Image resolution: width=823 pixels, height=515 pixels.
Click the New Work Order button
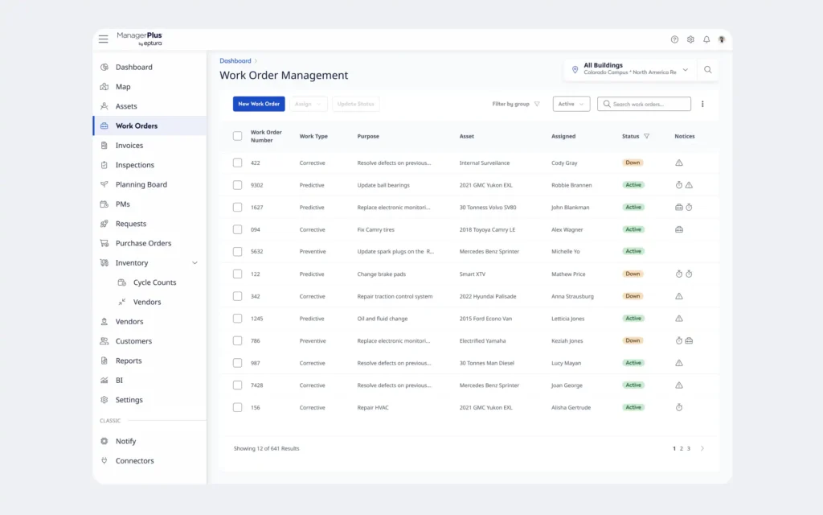coord(259,104)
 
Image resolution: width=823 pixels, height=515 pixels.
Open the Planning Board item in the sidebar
coord(141,184)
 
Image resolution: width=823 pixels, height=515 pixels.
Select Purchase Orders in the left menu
coord(143,243)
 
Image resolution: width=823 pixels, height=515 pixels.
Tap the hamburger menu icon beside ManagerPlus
coord(104,39)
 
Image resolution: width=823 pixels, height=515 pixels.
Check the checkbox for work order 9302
coord(238,185)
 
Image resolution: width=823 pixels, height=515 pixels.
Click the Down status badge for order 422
coord(633,163)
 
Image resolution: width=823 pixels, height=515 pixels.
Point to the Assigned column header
coord(563,136)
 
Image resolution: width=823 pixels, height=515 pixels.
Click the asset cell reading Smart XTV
coord(473,274)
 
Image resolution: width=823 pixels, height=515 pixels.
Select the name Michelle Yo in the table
coord(565,252)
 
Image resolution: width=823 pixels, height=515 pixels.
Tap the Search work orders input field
coord(644,104)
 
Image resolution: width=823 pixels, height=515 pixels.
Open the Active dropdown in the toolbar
coord(571,104)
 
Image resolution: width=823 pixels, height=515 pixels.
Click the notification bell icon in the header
coord(706,39)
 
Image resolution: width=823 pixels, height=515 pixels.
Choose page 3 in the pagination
coord(689,449)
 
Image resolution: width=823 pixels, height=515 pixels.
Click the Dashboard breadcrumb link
coord(235,61)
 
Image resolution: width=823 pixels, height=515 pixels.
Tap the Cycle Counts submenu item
coord(154,282)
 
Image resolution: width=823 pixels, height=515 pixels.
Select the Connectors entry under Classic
coord(134,461)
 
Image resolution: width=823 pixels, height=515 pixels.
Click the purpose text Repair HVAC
coord(373,408)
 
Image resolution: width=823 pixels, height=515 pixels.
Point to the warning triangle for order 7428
coord(679,385)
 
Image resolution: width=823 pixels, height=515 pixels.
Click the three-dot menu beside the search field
coord(702,104)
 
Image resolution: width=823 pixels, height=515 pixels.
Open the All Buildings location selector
coord(630,69)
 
